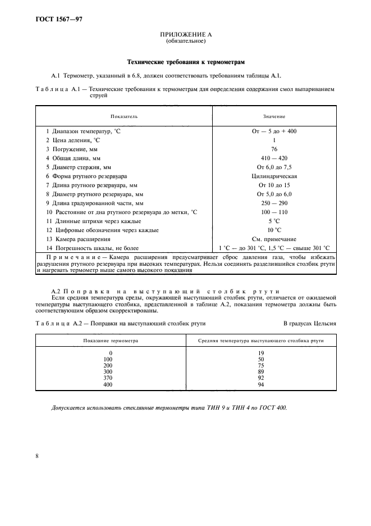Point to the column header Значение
(x=274, y=116)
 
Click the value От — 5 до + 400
(x=274, y=130)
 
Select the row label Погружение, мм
(x=78, y=149)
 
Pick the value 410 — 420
(x=274, y=158)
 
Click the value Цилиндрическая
(x=274, y=176)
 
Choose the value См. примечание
(x=274, y=239)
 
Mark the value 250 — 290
(x=274, y=203)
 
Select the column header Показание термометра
(x=111, y=341)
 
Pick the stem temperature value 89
(x=261, y=372)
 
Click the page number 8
(x=36, y=456)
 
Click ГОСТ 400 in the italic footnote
(x=272, y=407)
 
